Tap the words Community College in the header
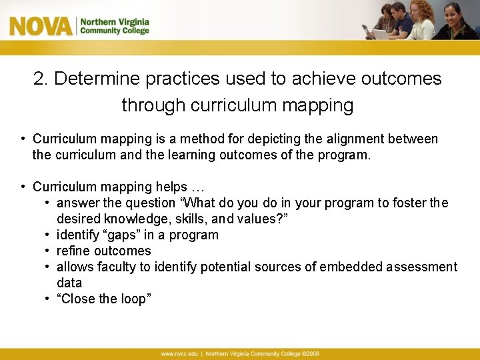114,31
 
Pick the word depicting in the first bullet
277,139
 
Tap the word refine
73,251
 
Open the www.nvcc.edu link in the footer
179,353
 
